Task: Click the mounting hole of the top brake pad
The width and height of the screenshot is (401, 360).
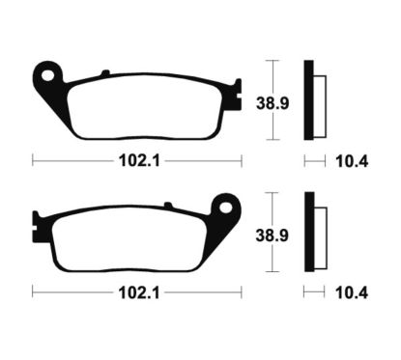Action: tap(45, 74)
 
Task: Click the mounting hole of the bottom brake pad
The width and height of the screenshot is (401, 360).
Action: tap(229, 206)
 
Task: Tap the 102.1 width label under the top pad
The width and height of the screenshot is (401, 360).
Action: tap(136, 161)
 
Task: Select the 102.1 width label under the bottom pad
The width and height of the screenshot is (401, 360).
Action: tap(136, 291)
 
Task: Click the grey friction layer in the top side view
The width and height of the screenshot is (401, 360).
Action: tap(319, 99)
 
